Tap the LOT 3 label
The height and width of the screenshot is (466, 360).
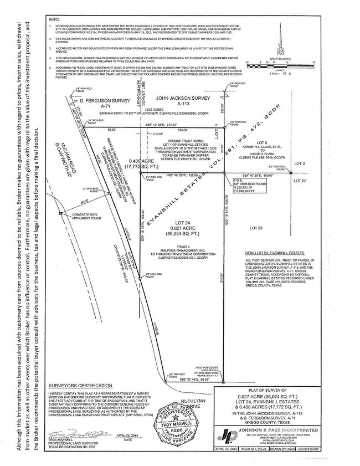click(x=300, y=163)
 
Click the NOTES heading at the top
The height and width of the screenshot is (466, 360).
click(x=53, y=19)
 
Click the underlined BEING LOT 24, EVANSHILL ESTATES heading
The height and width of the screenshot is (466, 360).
click(x=271, y=252)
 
